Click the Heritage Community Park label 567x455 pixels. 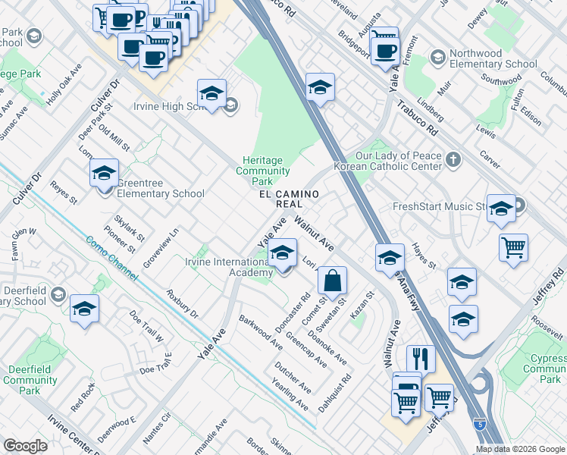point(262,171)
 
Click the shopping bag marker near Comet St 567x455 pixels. point(332,281)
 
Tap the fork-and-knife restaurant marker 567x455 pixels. point(420,359)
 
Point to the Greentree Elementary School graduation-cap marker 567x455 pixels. point(104,174)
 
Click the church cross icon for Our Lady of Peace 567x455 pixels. point(453,159)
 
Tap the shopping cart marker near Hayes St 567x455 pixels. point(514,248)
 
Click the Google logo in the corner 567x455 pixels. point(25,446)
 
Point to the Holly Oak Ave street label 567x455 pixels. point(64,89)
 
